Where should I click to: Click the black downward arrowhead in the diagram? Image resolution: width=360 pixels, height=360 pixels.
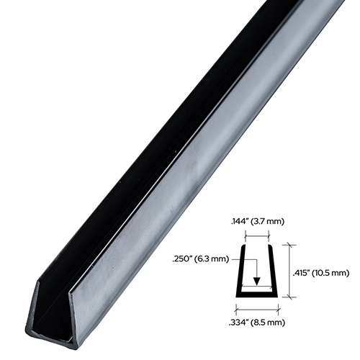[256, 283]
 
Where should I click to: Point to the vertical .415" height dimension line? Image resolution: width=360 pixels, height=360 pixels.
[290, 271]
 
